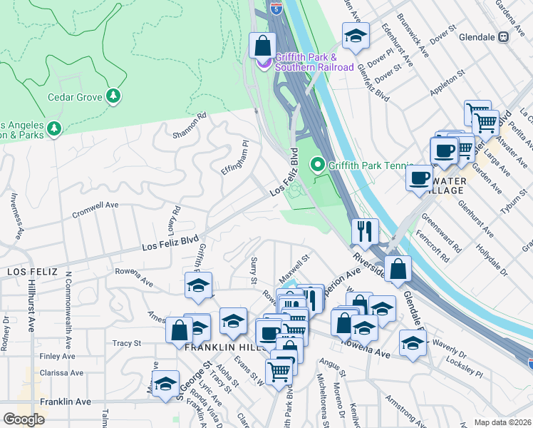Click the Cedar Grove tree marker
point(112,96)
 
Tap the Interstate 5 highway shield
point(276,8)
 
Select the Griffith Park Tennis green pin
point(318,165)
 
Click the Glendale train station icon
point(503,37)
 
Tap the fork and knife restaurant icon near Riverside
point(364,230)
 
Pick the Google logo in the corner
point(24,419)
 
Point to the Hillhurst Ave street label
point(31,314)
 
